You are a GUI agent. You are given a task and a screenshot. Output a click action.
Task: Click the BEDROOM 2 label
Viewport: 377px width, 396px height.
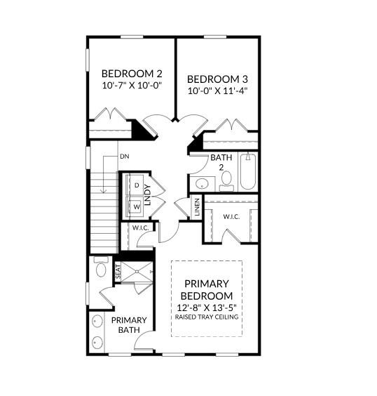[131, 74]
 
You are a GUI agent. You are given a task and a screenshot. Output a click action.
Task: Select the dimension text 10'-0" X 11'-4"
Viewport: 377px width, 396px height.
[217, 91]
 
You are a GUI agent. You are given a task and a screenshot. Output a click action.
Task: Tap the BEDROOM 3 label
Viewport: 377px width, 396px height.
[217, 79]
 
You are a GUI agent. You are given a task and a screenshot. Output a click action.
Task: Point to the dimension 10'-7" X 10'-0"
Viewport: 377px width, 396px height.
[131, 86]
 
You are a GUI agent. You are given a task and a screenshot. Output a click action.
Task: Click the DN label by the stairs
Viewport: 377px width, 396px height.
[123, 156]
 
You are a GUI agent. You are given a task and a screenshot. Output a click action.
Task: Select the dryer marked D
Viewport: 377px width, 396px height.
[137, 185]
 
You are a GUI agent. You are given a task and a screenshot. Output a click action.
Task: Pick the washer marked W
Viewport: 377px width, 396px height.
[137, 207]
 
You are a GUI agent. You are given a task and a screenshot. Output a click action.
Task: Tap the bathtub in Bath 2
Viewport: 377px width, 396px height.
[248, 173]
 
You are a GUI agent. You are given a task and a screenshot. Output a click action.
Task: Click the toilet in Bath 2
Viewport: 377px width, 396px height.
[226, 180]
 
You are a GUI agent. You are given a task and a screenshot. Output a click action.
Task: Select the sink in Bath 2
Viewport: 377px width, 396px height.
[202, 184]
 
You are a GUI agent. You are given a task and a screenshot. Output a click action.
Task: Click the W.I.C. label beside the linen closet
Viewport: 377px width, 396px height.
[231, 217]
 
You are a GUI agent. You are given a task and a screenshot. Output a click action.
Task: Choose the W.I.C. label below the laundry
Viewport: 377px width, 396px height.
[138, 228]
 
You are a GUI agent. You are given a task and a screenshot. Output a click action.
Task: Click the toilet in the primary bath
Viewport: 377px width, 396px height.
[100, 270]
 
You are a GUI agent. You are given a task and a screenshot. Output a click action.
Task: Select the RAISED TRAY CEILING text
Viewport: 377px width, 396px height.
[207, 317]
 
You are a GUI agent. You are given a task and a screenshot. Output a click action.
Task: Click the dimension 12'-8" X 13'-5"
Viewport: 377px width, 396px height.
[207, 308]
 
